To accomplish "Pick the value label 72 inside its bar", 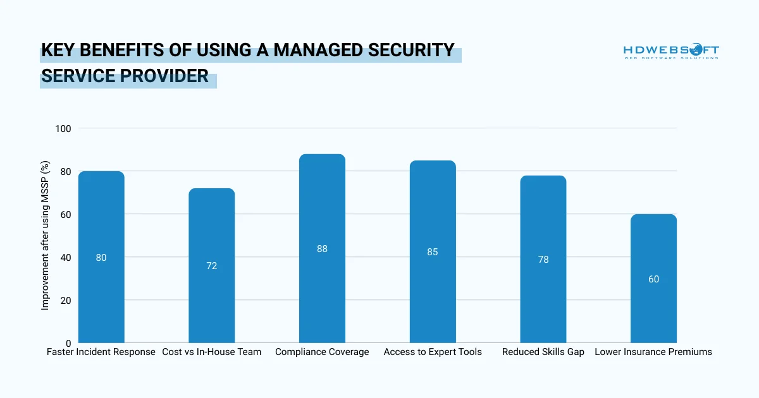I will [x=211, y=266].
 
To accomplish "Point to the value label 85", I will [x=433, y=252].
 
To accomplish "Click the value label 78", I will [x=543, y=260].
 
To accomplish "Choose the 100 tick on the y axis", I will [x=63, y=129].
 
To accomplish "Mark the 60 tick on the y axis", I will [x=66, y=215].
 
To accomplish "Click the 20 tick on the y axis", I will [x=66, y=301].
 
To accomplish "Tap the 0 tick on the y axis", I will [x=68, y=344].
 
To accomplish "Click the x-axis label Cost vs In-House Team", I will [x=211, y=352].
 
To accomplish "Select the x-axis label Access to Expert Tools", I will [x=433, y=352].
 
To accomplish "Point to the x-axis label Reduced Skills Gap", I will [x=543, y=352].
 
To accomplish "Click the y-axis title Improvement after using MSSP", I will [x=45, y=235].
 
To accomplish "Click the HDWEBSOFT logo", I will [x=671, y=51].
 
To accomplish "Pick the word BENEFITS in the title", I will [x=123, y=51].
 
